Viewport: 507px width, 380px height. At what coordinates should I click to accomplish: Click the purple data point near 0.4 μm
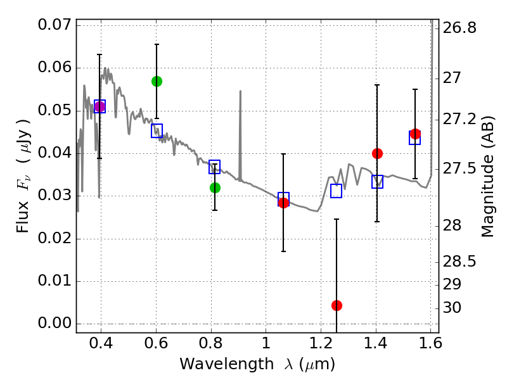click(x=99, y=106)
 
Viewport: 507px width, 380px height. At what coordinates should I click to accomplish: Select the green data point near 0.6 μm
click(x=157, y=81)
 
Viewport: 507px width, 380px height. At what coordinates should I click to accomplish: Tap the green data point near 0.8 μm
click(x=215, y=187)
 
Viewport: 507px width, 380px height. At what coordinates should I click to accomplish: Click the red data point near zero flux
click(x=337, y=305)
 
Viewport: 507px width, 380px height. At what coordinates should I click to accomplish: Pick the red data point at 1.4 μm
click(x=377, y=153)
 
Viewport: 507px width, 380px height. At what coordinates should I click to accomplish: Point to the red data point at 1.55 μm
click(x=415, y=134)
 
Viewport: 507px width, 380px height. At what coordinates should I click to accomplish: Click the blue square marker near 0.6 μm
click(x=157, y=130)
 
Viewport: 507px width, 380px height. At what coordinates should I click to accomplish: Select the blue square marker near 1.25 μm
click(x=337, y=191)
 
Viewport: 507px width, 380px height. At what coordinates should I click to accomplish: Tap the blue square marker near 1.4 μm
click(x=377, y=182)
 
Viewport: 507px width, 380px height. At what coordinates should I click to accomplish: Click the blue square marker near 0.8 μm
click(x=215, y=167)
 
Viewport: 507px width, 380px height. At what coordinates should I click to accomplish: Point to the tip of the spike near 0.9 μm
click(x=240, y=91)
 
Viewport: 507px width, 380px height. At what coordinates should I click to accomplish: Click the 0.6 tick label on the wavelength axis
click(x=156, y=345)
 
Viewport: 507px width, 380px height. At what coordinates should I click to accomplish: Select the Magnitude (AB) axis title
click(x=487, y=176)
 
